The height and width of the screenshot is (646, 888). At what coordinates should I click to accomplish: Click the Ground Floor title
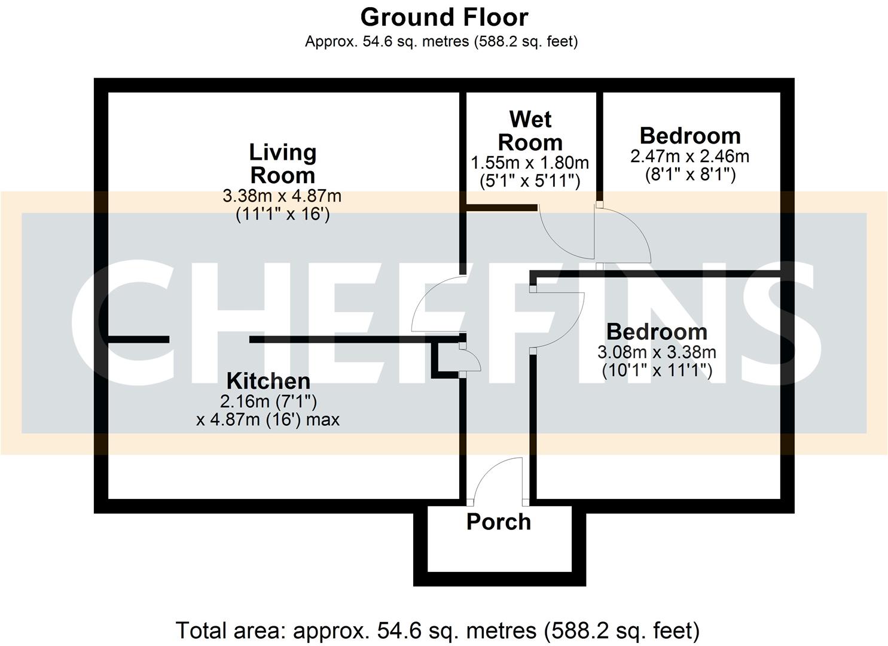click(444, 17)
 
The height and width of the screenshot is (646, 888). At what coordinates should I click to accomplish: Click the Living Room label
click(282, 163)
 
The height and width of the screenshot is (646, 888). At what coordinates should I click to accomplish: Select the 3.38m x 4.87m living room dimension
click(282, 196)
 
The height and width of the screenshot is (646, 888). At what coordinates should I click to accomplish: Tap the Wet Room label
click(530, 131)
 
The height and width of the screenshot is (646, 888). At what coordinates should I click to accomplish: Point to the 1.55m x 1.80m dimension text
click(530, 163)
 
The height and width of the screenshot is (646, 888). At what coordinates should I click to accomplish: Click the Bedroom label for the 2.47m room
click(690, 136)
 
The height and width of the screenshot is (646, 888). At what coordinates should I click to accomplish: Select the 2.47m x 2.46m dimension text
click(689, 156)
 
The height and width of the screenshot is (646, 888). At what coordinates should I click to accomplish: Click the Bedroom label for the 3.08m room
click(657, 331)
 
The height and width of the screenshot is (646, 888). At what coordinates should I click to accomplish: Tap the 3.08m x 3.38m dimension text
click(657, 352)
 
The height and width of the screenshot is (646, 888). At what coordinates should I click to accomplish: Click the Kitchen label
click(268, 381)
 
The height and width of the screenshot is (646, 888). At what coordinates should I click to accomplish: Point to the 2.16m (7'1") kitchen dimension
click(268, 401)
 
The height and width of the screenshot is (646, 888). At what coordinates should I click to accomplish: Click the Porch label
click(499, 522)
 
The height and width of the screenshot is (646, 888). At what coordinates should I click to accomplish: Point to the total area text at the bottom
click(437, 630)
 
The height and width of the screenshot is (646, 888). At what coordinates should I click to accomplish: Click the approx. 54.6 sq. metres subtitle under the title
click(441, 41)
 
